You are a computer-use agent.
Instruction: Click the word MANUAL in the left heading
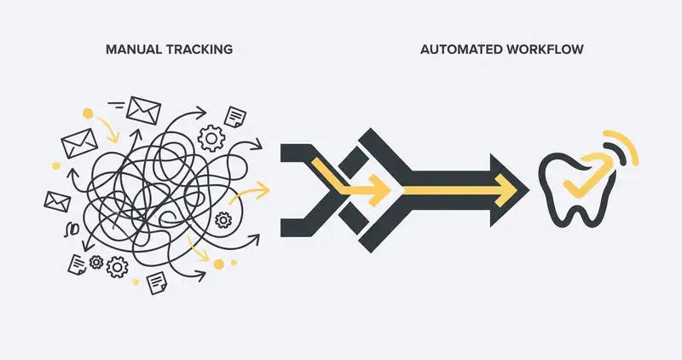pos(131,50)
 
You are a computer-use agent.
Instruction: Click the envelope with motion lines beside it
pos(142,108)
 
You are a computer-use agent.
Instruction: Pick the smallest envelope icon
pos(57,201)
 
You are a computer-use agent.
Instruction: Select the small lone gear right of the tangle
pos(224,220)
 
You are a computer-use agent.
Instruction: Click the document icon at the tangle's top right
pos(235,116)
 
